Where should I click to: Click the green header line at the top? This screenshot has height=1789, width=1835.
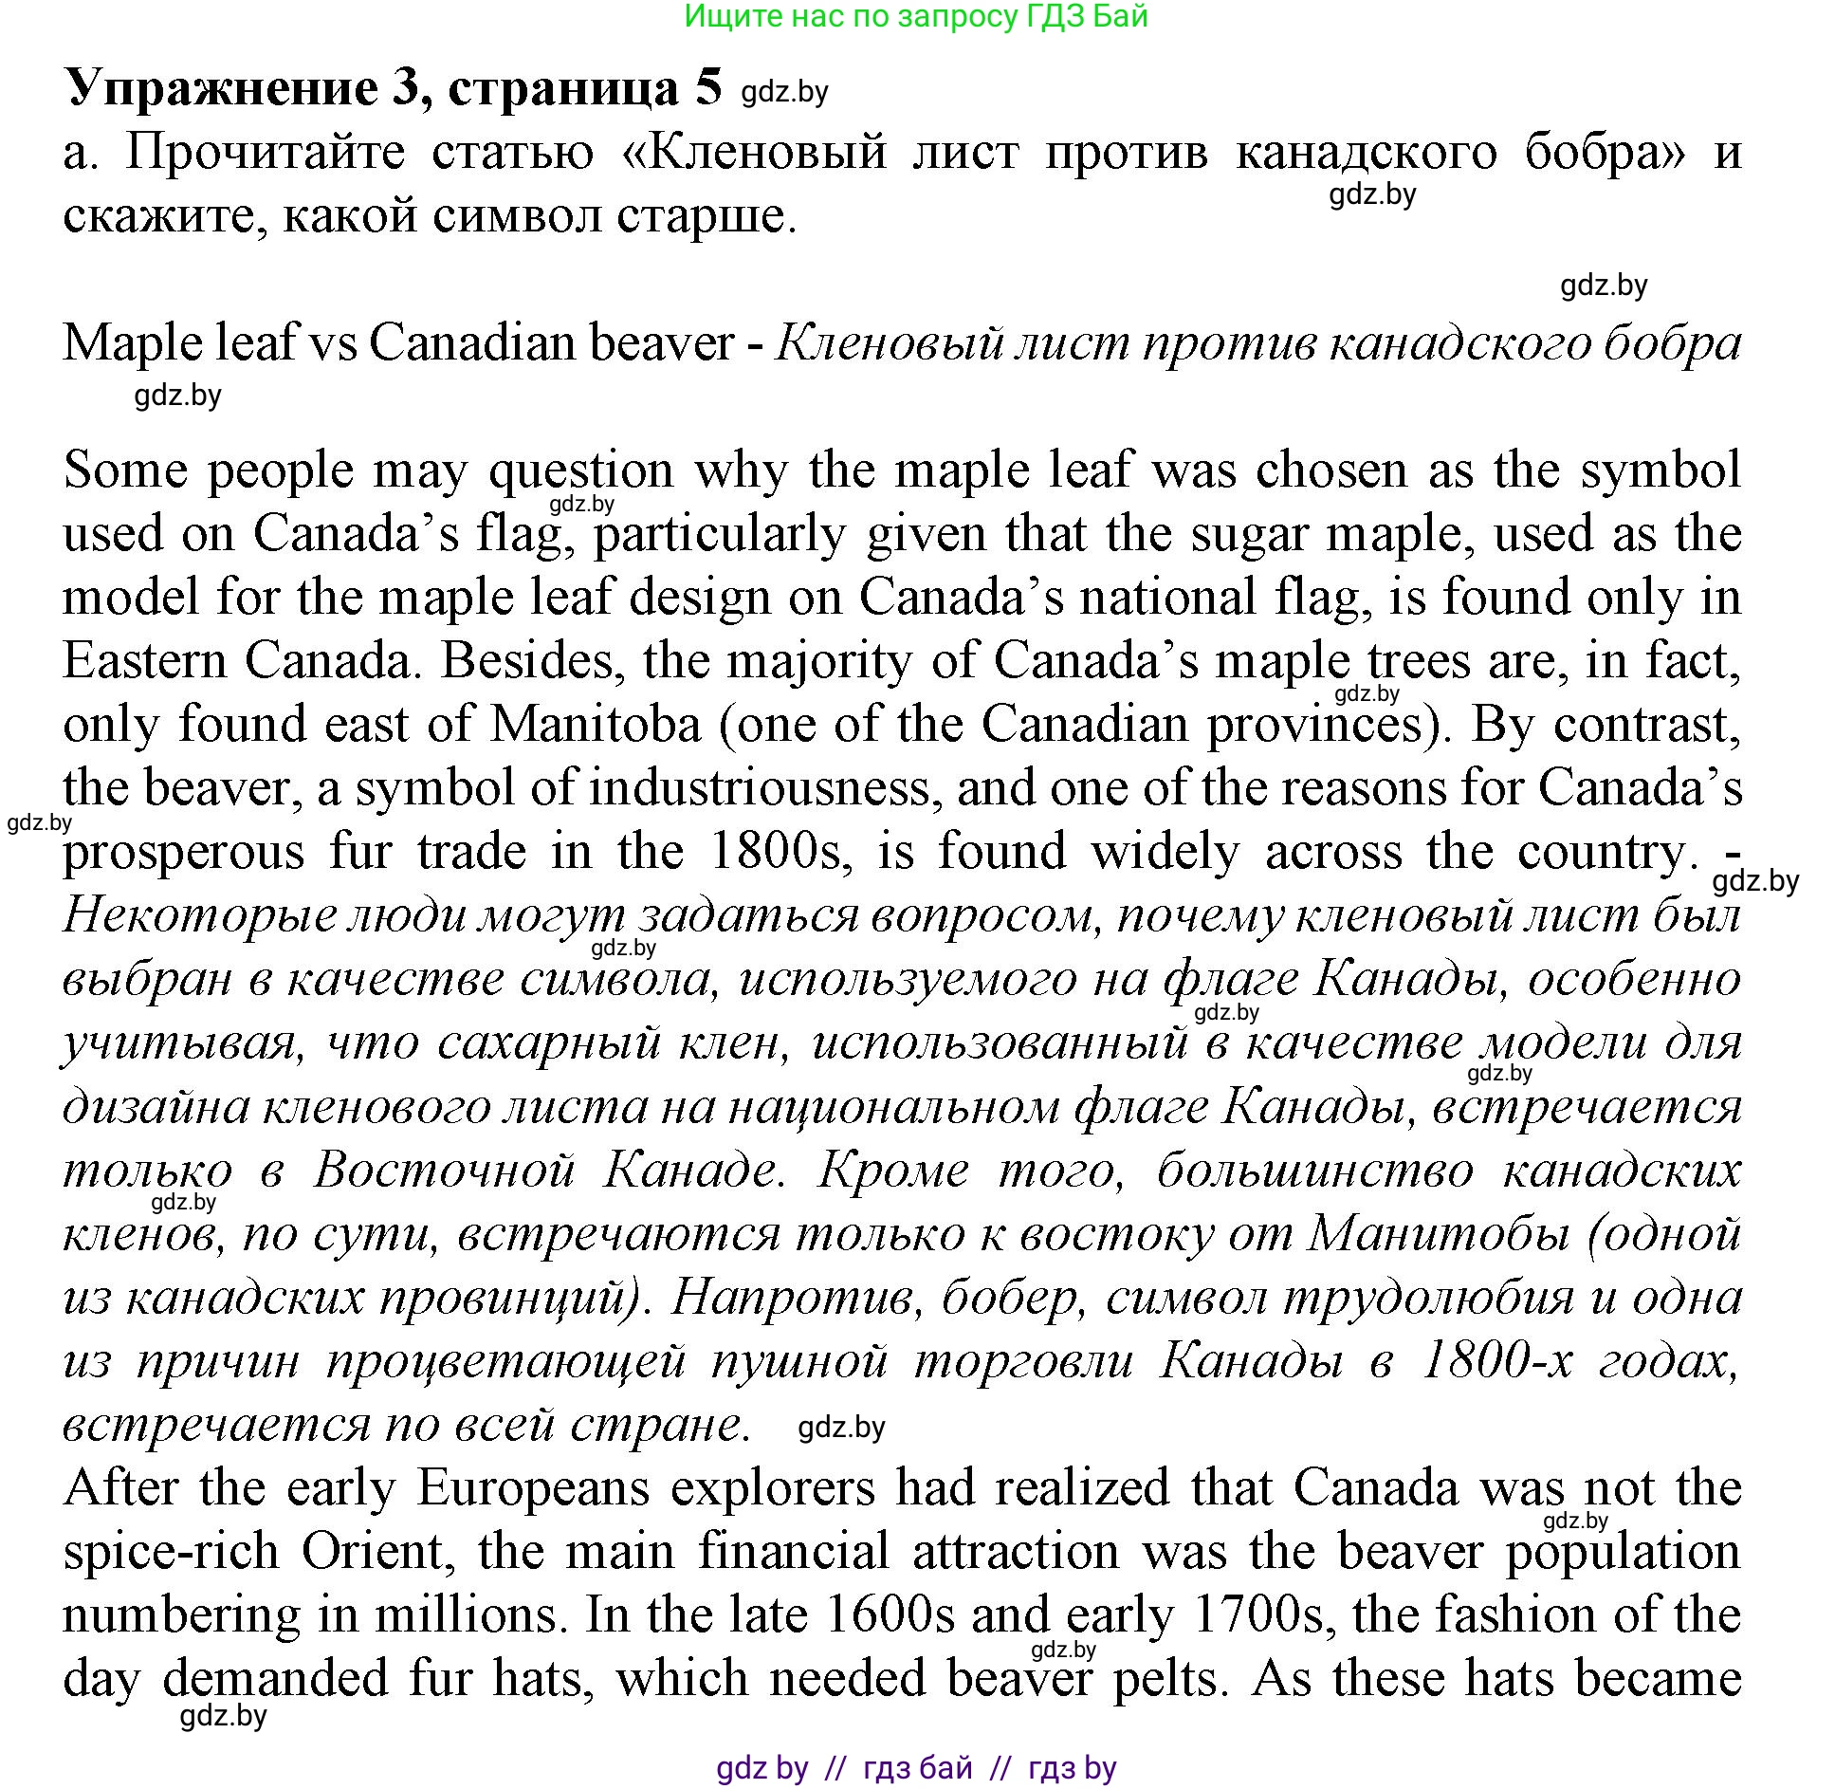916,16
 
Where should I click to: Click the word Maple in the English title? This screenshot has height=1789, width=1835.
124,343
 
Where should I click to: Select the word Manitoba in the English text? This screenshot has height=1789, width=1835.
596,726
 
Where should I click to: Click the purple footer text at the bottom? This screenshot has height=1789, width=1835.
916,1769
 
